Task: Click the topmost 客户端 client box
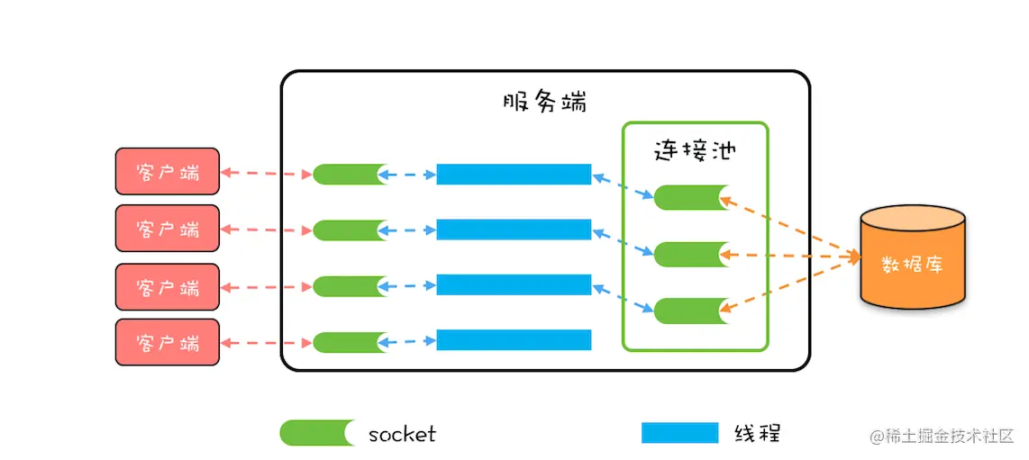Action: coord(167,171)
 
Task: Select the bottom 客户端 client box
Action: coord(167,342)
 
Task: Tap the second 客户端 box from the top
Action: coord(167,228)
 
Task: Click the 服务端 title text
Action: coord(544,101)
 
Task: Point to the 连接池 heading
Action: coord(694,149)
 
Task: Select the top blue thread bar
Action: coord(514,174)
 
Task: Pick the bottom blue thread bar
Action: coord(514,339)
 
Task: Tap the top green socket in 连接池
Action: coord(690,197)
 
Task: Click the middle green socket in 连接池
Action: coord(690,254)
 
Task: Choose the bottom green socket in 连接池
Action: coord(690,311)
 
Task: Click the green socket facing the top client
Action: coord(350,174)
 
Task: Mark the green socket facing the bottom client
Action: coord(350,342)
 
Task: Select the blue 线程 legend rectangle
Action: coord(679,433)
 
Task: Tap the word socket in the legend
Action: coord(402,434)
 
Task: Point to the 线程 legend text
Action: coord(757,433)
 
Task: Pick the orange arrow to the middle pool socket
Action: coord(789,257)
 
